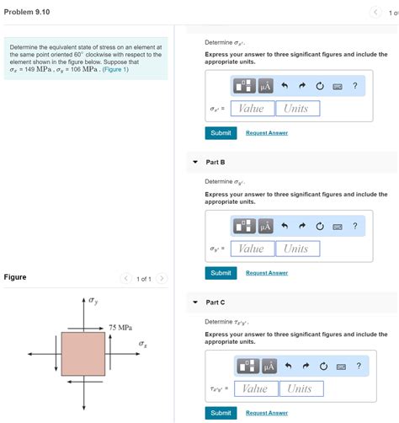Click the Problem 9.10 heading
(x=27, y=12)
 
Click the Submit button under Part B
(x=221, y=273)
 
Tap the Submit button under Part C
(x=221, y=413)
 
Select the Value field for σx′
(x=253, y=109)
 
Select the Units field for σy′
(x=298, y=249)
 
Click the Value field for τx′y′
(x=256, y=388)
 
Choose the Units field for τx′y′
(x=301, y=388)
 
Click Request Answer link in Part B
(x=267, y=273)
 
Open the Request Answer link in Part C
(x=267, y=413)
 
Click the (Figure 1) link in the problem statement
(x=115, y=69)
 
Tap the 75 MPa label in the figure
(x=120, y=328)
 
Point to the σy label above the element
(x=93, y=301)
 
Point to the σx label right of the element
(x=143, y=344)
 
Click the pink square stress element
(x=83, y=354)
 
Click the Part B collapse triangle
(x=195, y=162)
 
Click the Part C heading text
(x=215, y=303)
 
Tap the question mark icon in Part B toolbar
(x=355, y=226)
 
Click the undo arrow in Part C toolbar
(x=288, y=366)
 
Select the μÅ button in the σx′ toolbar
(x=265, y=86)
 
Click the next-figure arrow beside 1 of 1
(x=162, y=278)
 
